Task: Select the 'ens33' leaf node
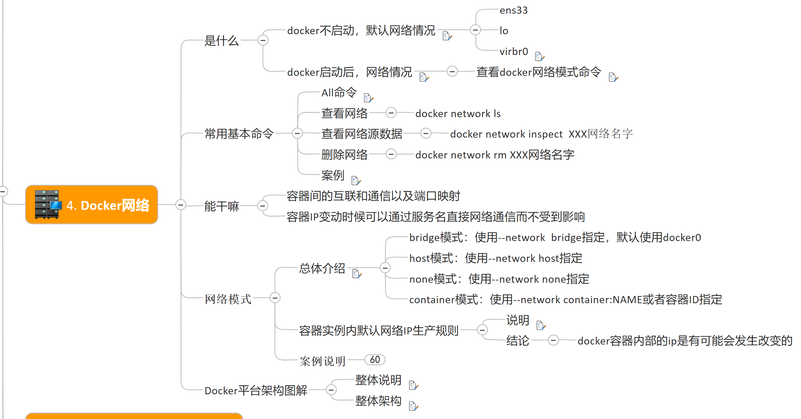point(513,10)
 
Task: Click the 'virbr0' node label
point(513,51)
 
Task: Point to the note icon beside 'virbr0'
point(539,57)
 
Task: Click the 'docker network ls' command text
point(458,114)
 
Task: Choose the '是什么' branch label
point(221,41)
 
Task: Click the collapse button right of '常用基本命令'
point(297,133)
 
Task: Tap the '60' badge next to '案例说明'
point(375,360)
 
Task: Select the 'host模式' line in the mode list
point(496,258)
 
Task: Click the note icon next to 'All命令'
point(368,98)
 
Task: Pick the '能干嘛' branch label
point(221,206)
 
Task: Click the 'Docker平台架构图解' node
point(256,390)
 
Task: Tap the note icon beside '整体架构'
point(413,406)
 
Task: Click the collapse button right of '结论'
point(553,340)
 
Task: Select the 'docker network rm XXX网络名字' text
point(495,155)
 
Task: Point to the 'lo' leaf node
point(504,31)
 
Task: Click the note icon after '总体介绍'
point(357,274)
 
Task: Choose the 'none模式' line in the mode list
point(499,279)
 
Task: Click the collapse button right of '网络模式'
point(275,298)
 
